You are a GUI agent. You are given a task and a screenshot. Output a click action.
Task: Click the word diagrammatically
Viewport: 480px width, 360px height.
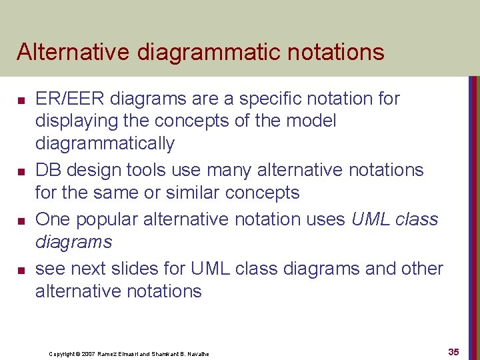click(x=105, y=144)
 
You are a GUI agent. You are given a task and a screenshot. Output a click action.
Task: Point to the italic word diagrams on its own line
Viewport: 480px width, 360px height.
click(x=73, y=242)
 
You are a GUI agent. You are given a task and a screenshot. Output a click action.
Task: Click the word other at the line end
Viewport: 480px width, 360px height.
click(x=423, y=269)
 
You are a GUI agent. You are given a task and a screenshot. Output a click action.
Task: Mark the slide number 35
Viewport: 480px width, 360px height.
click(x=453, y=351)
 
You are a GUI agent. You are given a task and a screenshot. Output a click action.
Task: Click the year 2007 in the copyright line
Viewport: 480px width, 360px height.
click(x=89, y=354)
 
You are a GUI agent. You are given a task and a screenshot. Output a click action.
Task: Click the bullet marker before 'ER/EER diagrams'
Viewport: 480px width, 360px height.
click(x=21, y=100)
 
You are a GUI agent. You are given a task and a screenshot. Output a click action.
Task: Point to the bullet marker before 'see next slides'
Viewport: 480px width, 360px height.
click(x=21, y=270)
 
